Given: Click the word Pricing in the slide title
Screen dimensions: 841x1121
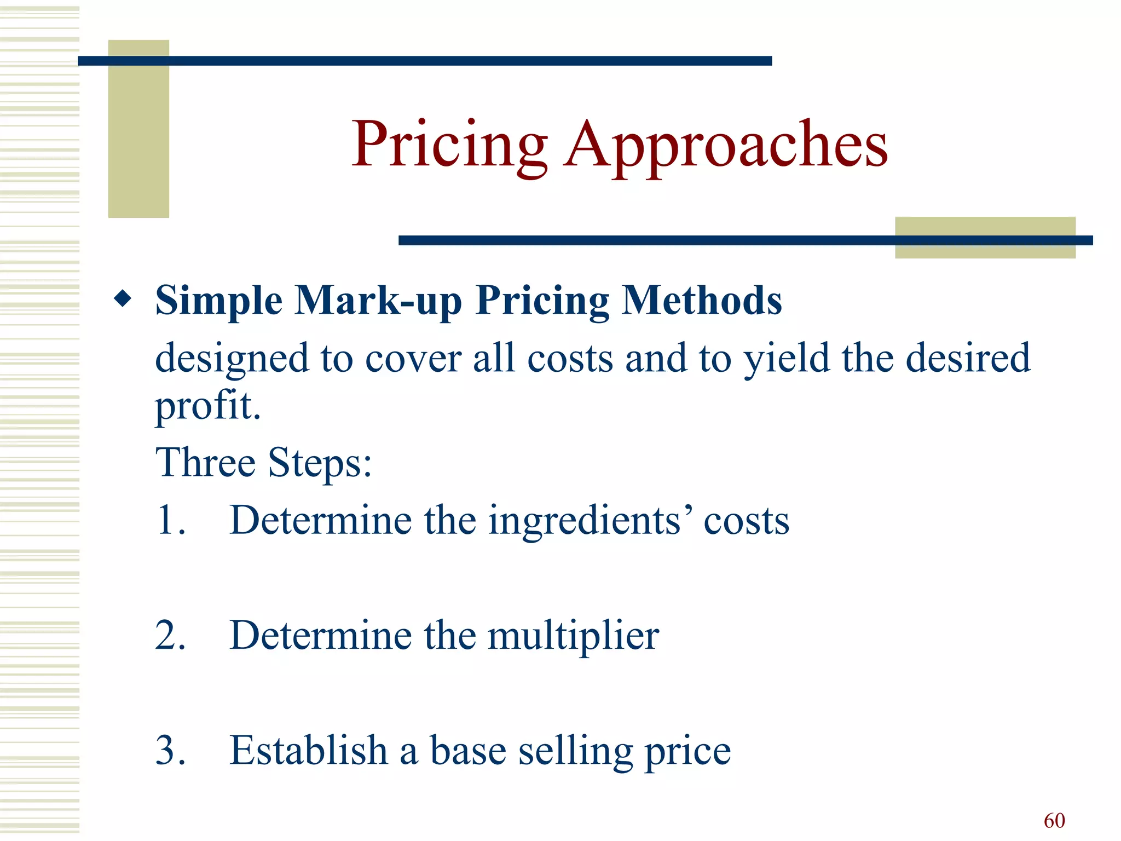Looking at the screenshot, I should [449, 145].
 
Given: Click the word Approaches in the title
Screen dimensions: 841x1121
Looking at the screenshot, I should [726, 145].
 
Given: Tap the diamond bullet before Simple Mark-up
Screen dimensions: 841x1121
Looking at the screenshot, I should [123, 299].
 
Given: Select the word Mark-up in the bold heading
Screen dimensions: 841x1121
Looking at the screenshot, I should [378, 301].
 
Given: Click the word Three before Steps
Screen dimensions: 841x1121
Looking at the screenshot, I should [205, 463].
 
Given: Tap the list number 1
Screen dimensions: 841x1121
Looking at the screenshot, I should [170, 520].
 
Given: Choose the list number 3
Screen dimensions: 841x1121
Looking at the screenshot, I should [170, 750].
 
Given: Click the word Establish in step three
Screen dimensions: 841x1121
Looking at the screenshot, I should [308, 750].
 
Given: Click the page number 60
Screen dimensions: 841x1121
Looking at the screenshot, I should [1054, 821].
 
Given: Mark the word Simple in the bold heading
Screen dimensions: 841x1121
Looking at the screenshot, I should [219, 301].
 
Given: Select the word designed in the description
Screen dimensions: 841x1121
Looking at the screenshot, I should [232, 359].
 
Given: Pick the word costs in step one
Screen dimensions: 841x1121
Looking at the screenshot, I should [746, 521].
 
